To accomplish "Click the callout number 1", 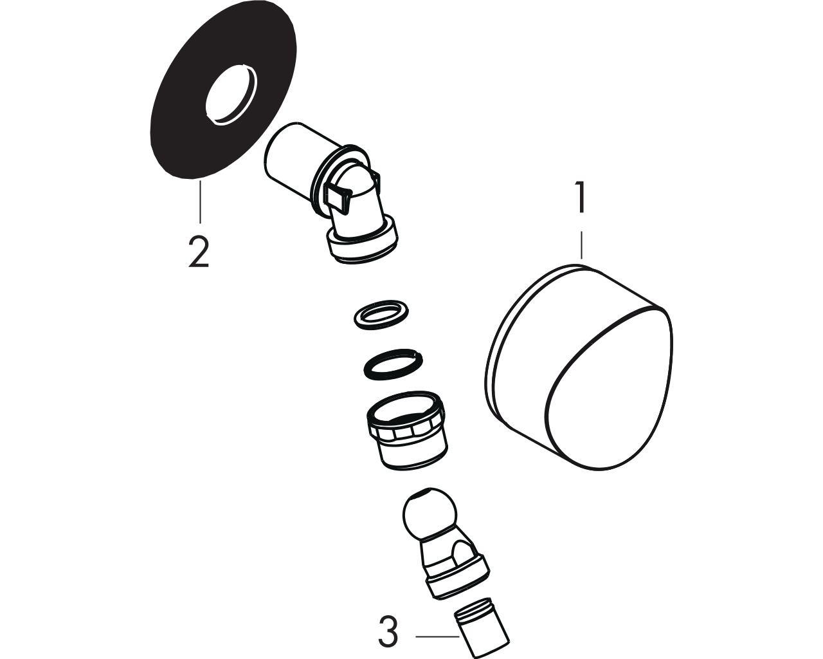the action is point(581,198).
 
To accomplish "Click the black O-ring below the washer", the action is point(393,364).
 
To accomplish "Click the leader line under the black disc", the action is point(200,202).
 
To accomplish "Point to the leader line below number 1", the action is point(581,245).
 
